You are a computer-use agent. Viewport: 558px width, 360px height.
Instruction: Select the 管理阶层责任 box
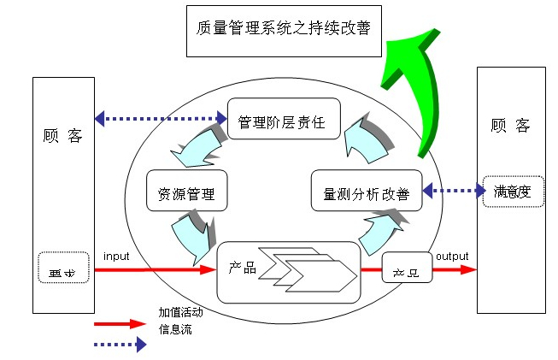(283, 121)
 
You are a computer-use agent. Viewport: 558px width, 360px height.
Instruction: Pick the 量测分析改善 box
(367, 194)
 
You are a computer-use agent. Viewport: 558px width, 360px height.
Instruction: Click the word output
(452, 257)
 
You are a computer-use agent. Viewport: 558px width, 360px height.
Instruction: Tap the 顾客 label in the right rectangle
(511, 126)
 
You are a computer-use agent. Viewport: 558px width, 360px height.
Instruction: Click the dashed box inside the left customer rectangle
(62, 269)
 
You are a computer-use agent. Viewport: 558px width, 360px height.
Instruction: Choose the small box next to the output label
(407, 268)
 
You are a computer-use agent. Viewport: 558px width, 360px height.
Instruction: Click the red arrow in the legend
(120, 324)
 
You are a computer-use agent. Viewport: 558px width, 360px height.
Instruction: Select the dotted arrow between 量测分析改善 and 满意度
(452, 192)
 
